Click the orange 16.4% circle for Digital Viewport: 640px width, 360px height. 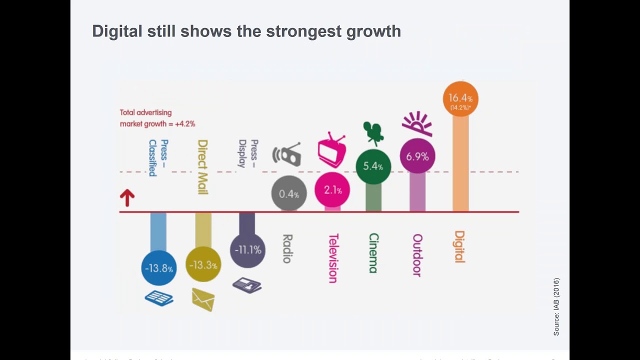(460, 99)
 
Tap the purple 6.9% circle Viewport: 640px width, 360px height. (417, 156)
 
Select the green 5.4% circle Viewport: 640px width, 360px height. (373, 166)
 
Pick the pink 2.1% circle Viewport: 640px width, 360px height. (332, 190)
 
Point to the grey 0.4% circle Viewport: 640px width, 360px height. (289, 193)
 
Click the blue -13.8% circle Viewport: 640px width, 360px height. (159, 268)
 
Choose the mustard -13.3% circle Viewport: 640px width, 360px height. (203, 264)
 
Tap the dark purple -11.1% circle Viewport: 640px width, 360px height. (247, 249)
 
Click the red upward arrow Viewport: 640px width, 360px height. (127, 198)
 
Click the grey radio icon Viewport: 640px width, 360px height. (287, 154)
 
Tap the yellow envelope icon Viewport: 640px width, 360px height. (203, 299)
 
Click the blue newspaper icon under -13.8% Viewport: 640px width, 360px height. (159, 298)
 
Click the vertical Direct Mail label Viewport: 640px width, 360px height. (202, 167)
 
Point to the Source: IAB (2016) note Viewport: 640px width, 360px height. (556, 306)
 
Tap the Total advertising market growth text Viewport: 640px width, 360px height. (157, 118)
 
